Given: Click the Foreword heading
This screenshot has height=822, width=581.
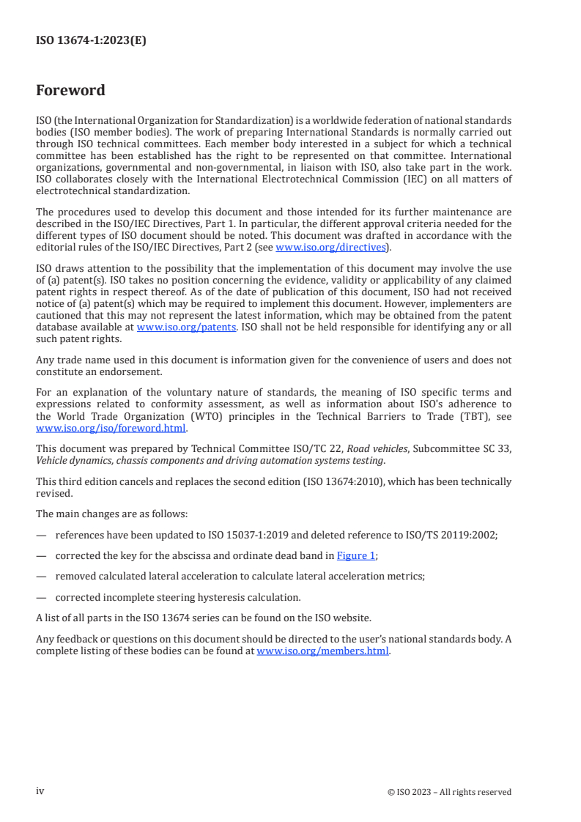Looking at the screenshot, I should click(x=70, y=91).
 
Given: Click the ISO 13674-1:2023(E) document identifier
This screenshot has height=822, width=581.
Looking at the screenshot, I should click(x=91, y=41).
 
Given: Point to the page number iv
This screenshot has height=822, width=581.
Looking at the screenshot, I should click(x=40, y=791).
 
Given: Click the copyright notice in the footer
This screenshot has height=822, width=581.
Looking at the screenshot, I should click(x=449, y=792).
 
